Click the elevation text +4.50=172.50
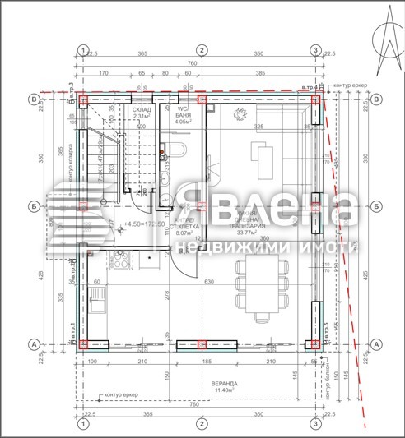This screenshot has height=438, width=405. (142, 224)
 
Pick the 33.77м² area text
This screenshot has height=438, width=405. (248, 233)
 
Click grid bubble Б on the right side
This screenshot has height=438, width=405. (376, 206)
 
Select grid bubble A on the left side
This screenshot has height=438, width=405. (33, 344)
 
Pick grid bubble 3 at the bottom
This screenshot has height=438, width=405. (315, 425)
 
